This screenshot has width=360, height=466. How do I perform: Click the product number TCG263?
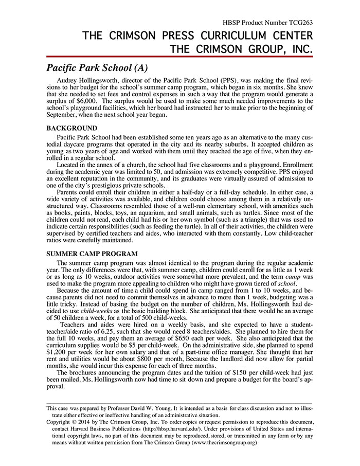[x=299, y=23]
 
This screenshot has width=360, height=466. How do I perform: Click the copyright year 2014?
[x=91, y=420]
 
